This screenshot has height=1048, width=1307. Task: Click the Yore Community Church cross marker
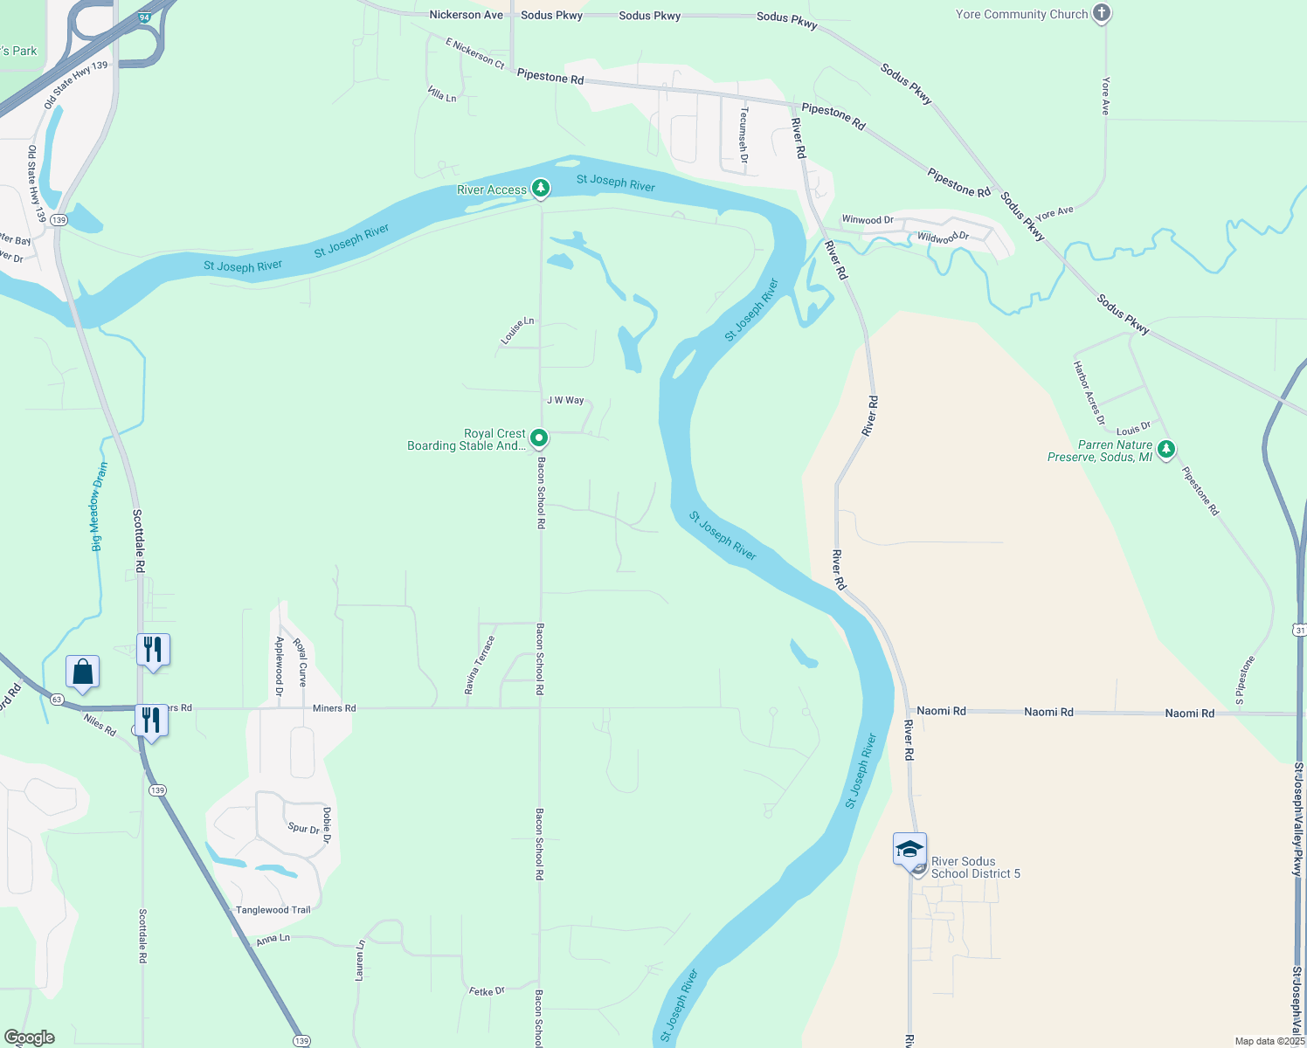click(x=1102, y=13)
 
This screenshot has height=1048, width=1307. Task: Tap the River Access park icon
click(x=541, y=189)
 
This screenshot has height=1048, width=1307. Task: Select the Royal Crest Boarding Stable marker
click(x=539, y=438)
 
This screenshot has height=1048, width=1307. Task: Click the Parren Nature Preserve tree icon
click(x=1165, y=450)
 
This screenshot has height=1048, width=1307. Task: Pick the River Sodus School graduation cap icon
click(x=909, y=848)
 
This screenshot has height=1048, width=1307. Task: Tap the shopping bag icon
click(x=82, y=672)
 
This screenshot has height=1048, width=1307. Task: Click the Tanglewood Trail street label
click(x=273, y=910)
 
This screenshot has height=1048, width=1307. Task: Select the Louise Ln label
click(x=516, y=331)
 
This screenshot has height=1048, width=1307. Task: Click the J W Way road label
click(x=565, y=400)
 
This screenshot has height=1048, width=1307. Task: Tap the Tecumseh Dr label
click(x=743, y=135)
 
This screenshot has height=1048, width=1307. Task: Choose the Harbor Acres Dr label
click(x=1089, y=392)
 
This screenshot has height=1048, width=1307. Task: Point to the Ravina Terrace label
click(x=480, y=665)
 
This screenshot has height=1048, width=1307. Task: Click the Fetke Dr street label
click(x=487, y=991)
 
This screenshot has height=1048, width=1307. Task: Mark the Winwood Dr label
click(x=867, y=220)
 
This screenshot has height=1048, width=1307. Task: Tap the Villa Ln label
click(x=442, y=94)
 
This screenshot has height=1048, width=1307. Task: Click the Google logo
click(x=29, y=1038)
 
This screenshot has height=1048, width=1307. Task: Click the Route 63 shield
click(x=57, y=699)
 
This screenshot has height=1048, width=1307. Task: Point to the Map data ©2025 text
click(x=1269, y=1041)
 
